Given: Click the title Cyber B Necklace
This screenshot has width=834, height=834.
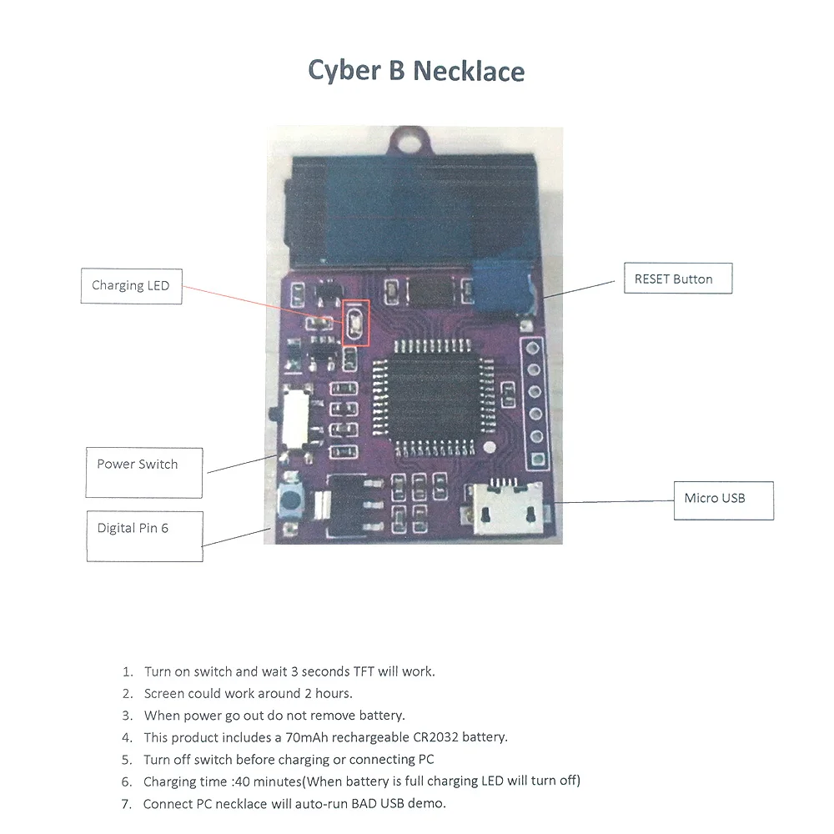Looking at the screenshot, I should tap(416, 70).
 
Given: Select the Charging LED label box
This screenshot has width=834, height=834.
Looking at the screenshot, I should tap(131, 286).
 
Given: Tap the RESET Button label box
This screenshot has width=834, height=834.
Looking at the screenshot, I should tap(677, 279).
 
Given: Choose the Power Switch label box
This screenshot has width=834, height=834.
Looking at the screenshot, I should tap(144, 472).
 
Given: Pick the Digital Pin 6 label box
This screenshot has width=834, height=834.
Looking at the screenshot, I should tap(144, 536).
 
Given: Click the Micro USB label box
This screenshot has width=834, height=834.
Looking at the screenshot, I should tap(723, 500).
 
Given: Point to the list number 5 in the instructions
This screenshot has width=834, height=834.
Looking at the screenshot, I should tap(127, 760).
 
